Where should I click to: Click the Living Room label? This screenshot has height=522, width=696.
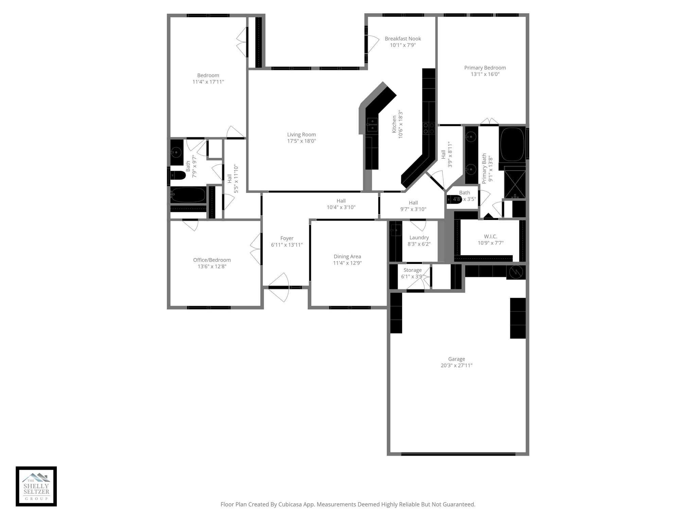pos(301,135)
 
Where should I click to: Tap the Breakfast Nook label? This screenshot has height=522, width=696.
pos(403,39)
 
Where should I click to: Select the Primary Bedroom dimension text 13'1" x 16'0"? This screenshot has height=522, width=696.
pos(485,74)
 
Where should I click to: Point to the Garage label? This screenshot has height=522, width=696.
pos(456,359)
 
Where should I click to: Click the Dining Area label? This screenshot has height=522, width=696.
pos(347,257)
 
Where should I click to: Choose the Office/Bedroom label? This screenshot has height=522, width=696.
pos(212,260)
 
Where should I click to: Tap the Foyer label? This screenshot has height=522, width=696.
pos(287,239)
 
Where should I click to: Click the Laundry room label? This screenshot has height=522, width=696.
pos(419,238)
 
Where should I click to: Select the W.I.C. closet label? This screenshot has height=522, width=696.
pos(490,237)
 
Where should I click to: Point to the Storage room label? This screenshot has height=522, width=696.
pos(412,270)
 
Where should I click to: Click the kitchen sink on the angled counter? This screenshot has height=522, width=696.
pos(372,124)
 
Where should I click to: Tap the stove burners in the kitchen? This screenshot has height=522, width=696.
pos(429,128)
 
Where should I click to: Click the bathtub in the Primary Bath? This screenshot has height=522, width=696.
pos(512,144)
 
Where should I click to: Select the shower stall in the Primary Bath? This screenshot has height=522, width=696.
pos(515,182)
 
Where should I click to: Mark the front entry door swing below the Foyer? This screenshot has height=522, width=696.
pos(279,287)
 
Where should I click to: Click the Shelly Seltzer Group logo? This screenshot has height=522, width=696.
pos(36,486)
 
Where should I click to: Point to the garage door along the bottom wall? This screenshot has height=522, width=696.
pos(458,454)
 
